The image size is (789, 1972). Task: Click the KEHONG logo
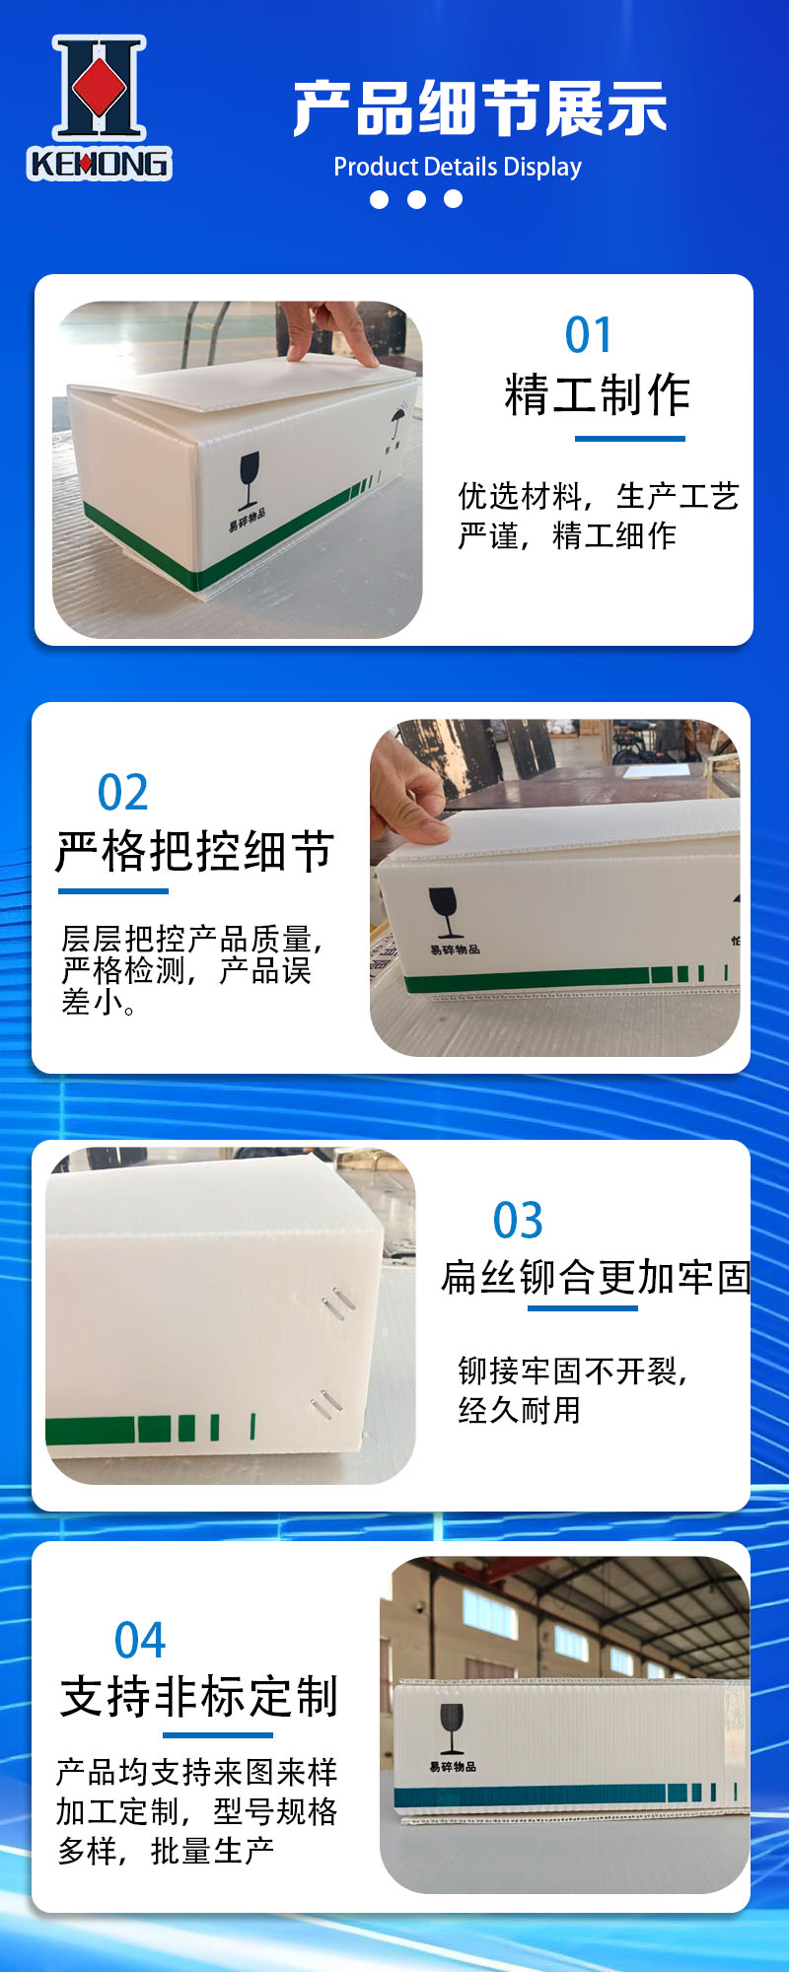pos(99,108)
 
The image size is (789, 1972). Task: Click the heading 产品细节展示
pos(480,108)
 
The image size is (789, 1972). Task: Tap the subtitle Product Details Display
pos(458,167)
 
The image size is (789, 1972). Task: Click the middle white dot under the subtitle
pos(416,199)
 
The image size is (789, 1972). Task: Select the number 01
pos(589,335)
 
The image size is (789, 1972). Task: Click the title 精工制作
pos(598,395)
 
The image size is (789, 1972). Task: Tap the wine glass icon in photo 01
pos(250,475)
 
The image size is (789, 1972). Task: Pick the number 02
pos(123,792)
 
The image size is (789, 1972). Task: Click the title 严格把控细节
pos(195,852)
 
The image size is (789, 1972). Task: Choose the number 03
pos(518,1221)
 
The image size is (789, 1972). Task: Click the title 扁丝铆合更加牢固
pos(596,1277)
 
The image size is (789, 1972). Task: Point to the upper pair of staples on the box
pos(338,1301)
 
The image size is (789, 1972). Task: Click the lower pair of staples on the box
pos(326,1404)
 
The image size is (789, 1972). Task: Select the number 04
pos(140,1641)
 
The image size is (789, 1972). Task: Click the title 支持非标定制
pos(199,1697)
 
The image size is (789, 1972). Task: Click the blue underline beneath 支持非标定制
pos(217,1735)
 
